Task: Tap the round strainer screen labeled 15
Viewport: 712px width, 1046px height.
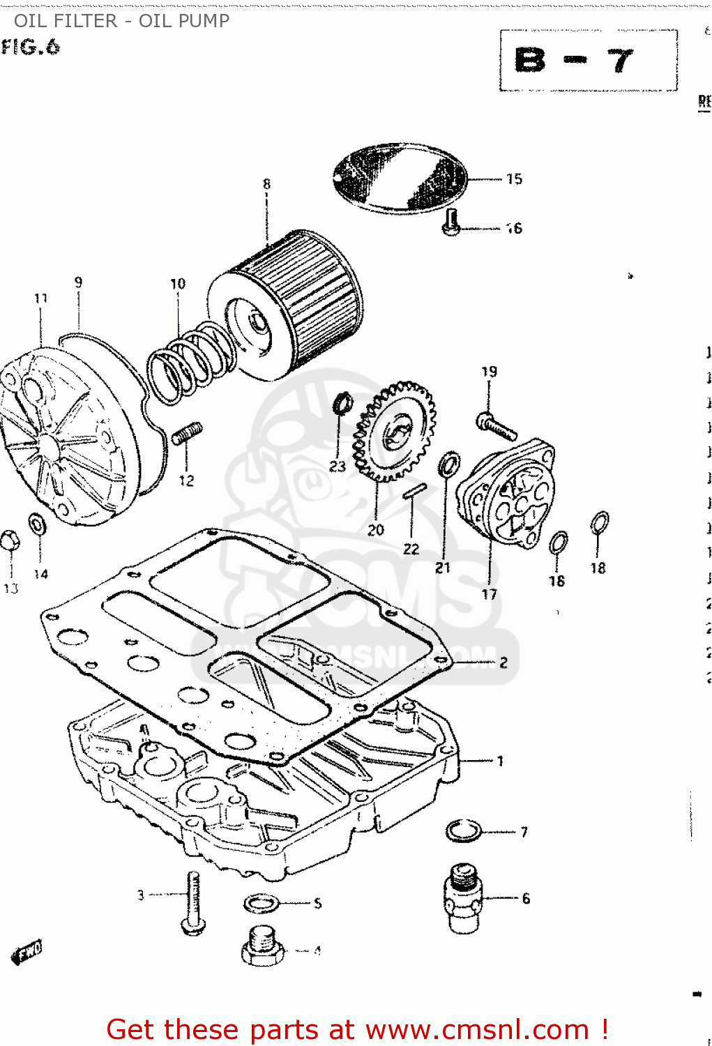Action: click(400, 178)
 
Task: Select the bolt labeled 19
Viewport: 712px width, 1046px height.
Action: click(496, 425)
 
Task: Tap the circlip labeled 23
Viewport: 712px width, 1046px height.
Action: click(341, 403)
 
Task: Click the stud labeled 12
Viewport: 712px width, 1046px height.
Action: click(187, 434)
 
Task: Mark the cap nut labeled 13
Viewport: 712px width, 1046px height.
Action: click(9, 540)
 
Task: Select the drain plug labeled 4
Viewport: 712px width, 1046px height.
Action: click(263, 946)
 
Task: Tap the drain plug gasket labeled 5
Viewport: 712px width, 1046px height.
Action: click(262, 904)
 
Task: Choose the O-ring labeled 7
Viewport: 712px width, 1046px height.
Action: click(464, 831)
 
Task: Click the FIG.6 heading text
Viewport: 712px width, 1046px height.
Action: click(31, 47)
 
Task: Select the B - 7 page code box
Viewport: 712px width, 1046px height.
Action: click(588, 61)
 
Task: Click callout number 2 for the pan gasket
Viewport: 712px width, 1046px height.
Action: click(503, 662)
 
